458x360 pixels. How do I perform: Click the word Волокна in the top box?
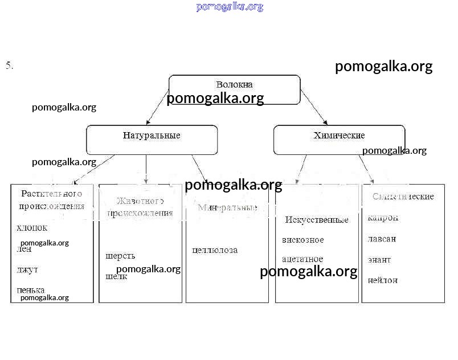(x=234, y=84)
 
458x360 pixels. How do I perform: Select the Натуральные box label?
(x=152, y=136)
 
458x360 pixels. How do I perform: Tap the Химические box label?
(x=339, y=136)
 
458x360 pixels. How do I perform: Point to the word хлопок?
(x=32, y=228)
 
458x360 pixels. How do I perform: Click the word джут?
(x=27, y=269)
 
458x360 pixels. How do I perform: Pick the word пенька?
(x=31, y=290)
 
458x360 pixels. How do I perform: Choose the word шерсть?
(x=120, y=256)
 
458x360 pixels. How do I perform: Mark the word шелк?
(x=116, y=277)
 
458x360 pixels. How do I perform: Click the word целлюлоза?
(x=215, y=250)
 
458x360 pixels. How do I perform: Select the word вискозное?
(x=302, y=240)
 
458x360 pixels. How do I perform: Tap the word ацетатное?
(x=302, y=259)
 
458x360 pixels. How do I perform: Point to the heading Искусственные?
(x=316, y=220)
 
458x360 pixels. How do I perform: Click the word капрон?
(x=383, y=218)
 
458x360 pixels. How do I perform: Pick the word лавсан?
(x=382, y=239)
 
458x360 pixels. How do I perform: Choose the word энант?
(x=379, y=260)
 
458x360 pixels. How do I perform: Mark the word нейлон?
(x=382, y=280)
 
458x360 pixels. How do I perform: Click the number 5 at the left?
(x=9, y=66)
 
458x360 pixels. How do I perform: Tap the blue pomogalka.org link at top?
(x=230, y=7)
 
